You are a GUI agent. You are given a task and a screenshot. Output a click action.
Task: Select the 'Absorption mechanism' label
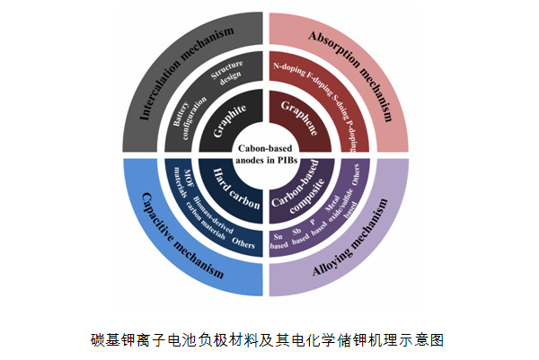tap(352, 67)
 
